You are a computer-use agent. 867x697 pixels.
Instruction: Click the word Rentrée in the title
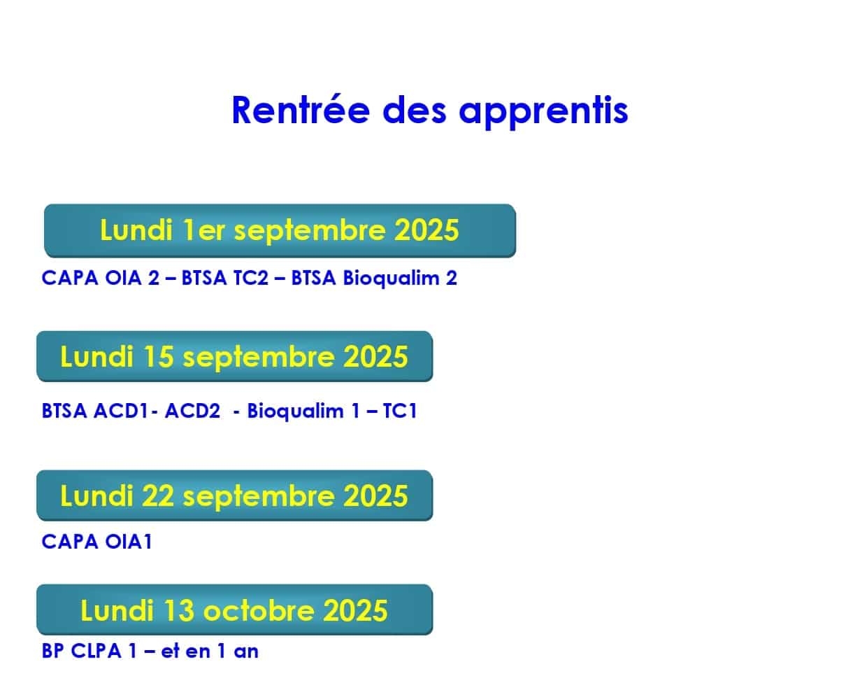[301, 110]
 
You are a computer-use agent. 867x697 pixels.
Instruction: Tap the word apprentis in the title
[544, 113]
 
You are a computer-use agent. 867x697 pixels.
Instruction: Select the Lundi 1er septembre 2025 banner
[280, 231]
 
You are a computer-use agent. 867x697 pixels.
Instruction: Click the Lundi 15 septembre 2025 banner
[234, 357]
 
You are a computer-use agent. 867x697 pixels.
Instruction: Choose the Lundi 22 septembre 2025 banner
[234, 495]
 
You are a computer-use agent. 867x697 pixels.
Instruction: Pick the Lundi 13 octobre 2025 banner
[234, 610]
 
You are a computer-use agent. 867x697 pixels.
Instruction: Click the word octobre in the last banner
[259, 610]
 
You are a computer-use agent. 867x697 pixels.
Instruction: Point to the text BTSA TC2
[225, 278]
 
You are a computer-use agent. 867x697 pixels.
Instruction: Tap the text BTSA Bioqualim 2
[374, 279]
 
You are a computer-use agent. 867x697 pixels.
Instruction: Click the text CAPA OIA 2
[100, 278]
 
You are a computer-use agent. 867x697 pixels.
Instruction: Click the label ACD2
[192, 411]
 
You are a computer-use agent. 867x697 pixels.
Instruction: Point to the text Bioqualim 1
[303, 411]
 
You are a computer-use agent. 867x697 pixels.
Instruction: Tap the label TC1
[400, 411]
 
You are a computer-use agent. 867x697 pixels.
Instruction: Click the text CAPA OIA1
[96, 542]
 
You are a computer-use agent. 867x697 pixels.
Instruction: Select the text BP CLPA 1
[89, 651]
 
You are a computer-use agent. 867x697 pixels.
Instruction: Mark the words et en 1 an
[210, 651]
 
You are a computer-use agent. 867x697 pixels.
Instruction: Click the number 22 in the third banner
[158, 495]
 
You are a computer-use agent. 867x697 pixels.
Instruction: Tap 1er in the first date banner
[203, 230]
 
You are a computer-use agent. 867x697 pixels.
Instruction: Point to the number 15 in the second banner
[158, 357]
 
